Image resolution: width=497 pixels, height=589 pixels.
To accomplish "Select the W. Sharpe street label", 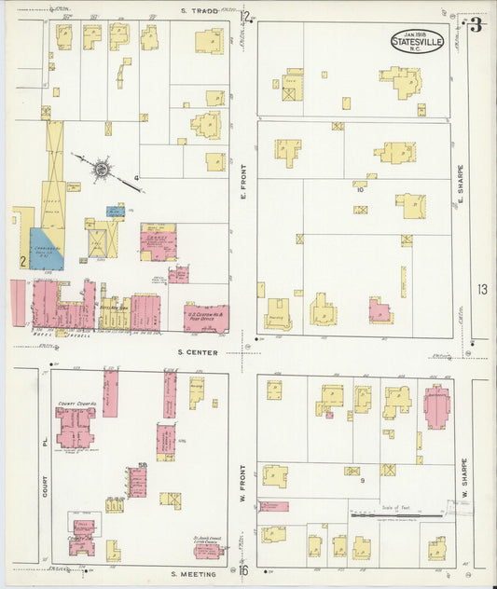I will click(460, 486).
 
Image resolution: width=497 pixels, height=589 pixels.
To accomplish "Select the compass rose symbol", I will click(101, 169).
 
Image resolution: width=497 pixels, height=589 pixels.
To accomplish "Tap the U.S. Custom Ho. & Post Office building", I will click(206, 318).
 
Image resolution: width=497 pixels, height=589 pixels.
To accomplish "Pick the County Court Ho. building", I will click(76, 427).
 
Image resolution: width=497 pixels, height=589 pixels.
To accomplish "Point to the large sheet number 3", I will click(476, 25).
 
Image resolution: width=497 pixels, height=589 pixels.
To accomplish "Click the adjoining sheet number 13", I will click(481, 290).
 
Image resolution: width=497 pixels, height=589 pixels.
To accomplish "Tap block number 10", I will click(359, 189).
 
